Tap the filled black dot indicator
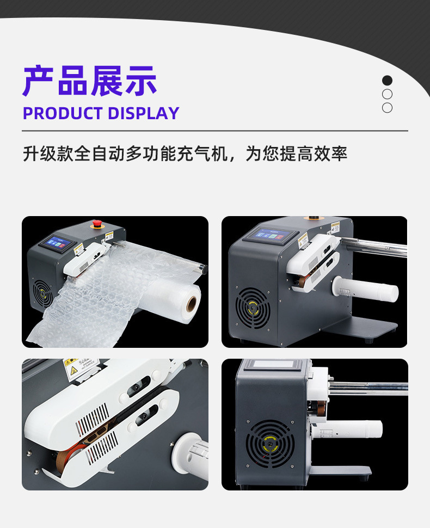387,81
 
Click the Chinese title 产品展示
90,82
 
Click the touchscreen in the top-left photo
59,242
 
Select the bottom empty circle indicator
387,108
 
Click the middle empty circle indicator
387,94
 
